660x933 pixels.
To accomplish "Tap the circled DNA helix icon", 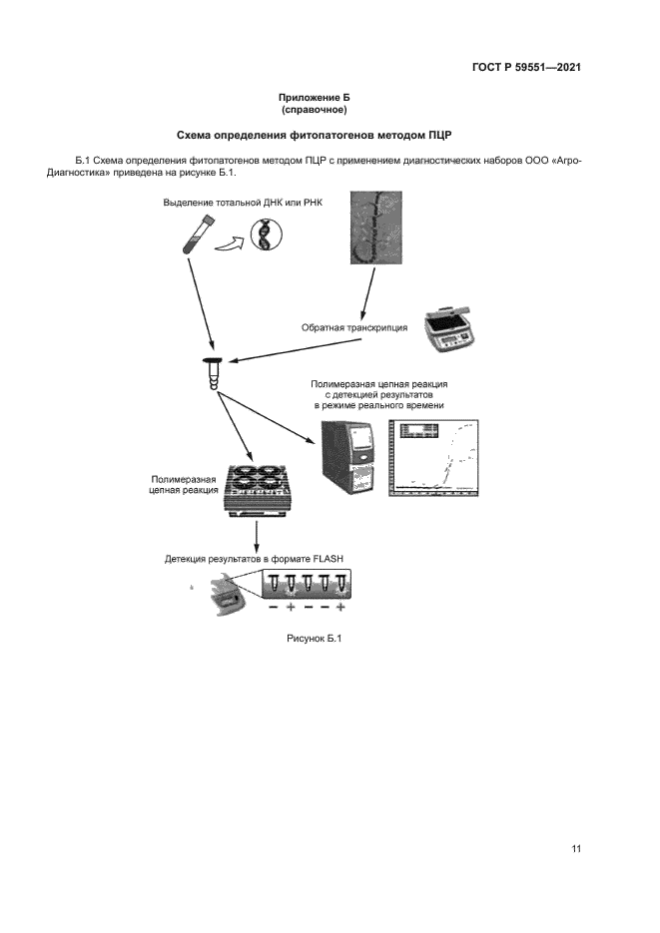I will click(x=266, y=236).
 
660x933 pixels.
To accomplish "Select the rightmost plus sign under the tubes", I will click(x=341, y=608).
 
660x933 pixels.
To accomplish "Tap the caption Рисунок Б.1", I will click(x=314, y=639).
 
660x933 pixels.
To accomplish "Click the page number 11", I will click(x=576, y=848).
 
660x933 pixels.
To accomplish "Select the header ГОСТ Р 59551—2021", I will click(x=526, y=68).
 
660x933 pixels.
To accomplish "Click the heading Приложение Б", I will click(x=314, y=97).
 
